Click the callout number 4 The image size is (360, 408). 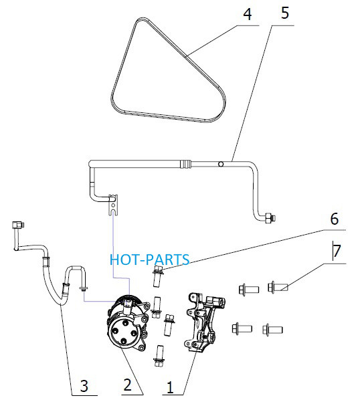[248, 14]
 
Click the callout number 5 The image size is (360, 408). [285, 13]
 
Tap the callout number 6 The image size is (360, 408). [334, 219]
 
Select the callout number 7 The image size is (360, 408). [337, 251]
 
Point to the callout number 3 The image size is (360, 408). [84, 386]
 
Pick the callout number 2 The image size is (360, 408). [127, 385]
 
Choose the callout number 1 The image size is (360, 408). [170, 387]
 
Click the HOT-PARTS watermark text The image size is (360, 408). [149, 260]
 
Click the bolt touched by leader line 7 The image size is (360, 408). [278, 287]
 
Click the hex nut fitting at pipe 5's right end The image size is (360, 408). [270, 218]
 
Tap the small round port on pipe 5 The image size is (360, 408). [221, 164]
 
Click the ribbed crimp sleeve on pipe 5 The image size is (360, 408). [185, 164]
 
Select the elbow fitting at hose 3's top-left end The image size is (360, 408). [18, 225]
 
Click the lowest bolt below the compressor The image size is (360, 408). [159, 356]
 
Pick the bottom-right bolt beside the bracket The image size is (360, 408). [272, 330]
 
